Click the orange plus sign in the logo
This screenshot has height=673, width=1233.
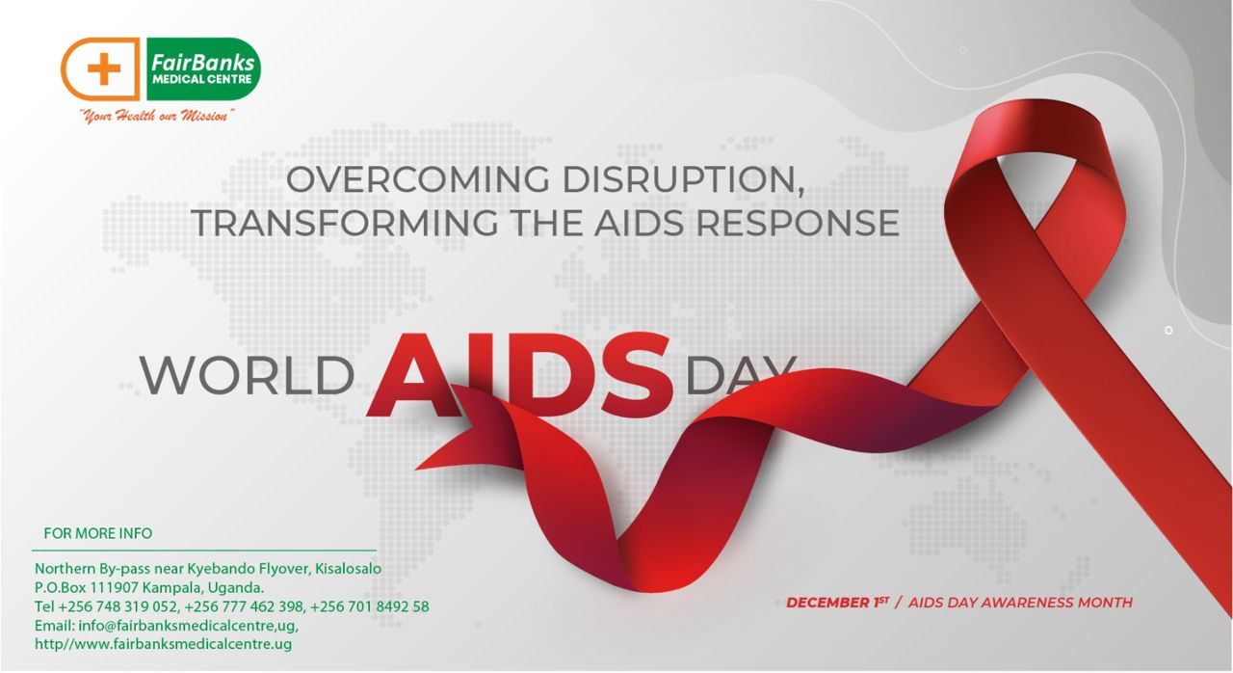click(x=103, y=68)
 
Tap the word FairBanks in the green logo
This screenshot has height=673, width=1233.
click(x=202, y=63)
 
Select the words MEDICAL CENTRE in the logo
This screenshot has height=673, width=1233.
click(x=202, y=80)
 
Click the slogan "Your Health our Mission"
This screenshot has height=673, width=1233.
click(x=157, y=117)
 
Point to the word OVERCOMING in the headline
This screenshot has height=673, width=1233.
click(x=418, y=179)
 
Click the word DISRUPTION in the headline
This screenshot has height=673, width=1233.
click(x=683, y=179)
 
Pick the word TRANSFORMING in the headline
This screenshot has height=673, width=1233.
click(x=345, y=223)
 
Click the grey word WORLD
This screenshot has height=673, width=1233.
click(x=248, y=376)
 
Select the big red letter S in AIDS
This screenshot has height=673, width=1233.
click(x=638, y=374)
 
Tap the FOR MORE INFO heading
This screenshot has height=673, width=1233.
click(x=98, y=533)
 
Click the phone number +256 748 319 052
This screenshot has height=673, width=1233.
click(x=118, y=606)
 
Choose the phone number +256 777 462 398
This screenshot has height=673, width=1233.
click(x=244, y=606)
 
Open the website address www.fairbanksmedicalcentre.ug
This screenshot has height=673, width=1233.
click(x=182, y=644)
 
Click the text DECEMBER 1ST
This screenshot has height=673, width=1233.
click(x=837, y=603)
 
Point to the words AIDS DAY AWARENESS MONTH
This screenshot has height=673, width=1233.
click(x=1020, y=603)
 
